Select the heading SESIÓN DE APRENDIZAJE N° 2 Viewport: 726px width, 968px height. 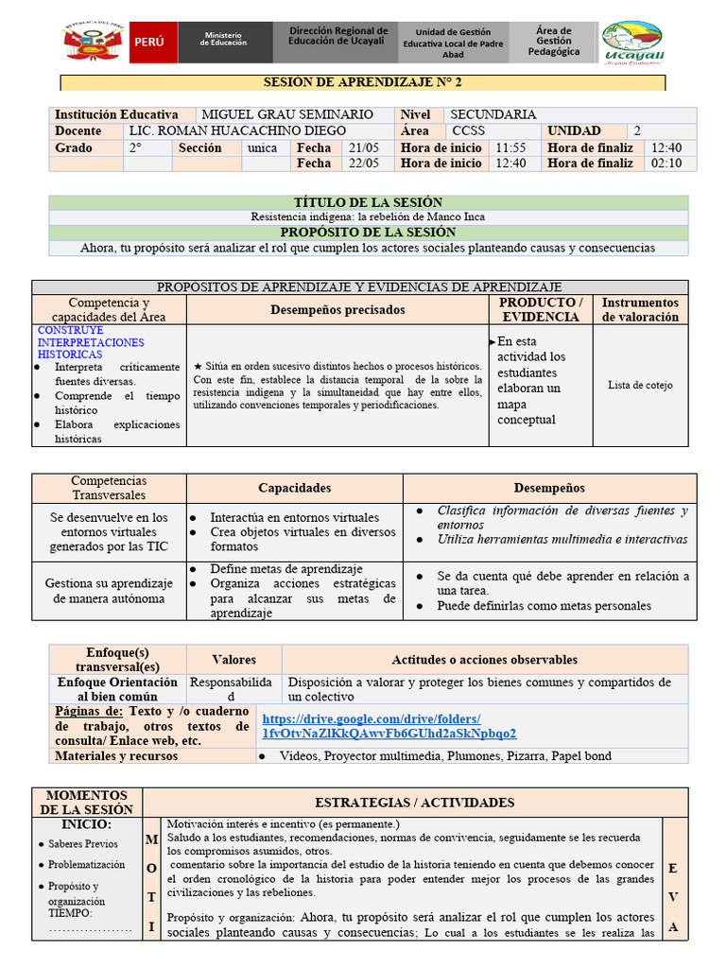coord(363,83)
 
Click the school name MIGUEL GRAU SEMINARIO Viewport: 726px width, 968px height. coord(288,114)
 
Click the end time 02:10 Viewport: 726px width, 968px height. coord(666,163)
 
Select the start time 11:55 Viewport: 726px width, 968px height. coord(510,147)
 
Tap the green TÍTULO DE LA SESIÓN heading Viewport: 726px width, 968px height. coord(368,202)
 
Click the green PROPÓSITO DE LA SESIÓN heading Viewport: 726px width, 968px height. coord(368,232)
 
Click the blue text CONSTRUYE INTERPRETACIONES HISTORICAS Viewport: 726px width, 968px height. coord(91,342)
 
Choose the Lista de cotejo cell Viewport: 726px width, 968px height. coord(640,385)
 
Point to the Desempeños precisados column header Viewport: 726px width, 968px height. coord(337,309)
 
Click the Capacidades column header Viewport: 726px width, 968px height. coord(295,488)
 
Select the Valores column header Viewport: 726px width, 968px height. coord(233,659)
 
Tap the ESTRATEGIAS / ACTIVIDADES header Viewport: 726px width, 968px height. coord(414,803)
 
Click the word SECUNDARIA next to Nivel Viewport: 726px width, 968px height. coord(493,114)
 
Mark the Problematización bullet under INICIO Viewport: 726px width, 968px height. coord(87,864)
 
